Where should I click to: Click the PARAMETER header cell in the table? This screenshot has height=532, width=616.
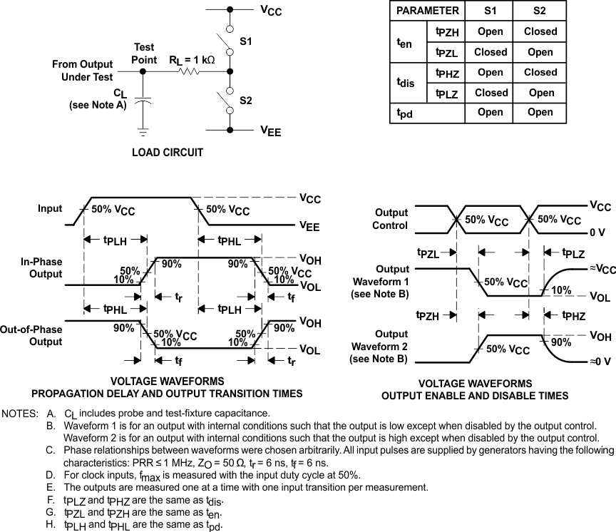point(427,11)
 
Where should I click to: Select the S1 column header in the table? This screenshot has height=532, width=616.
point(491,11)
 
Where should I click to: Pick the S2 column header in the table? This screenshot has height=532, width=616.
point(540,11)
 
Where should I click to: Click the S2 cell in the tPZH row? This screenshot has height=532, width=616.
point(540,31)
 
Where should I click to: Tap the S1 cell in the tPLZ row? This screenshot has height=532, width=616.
point(491,93)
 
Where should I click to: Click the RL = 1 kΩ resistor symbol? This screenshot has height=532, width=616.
point(189,71)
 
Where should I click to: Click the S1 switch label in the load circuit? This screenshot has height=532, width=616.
point(246,42)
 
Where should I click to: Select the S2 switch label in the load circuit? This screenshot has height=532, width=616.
point(246,101)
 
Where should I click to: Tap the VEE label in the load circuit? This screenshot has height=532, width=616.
point(271,131)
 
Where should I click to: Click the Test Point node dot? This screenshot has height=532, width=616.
point(143,71)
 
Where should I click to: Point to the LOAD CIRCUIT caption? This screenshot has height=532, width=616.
point(168,153)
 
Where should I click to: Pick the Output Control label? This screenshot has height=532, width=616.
point(391,219)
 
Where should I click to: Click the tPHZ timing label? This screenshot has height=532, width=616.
point(573,315)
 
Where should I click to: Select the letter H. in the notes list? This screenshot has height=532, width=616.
point(50,525)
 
